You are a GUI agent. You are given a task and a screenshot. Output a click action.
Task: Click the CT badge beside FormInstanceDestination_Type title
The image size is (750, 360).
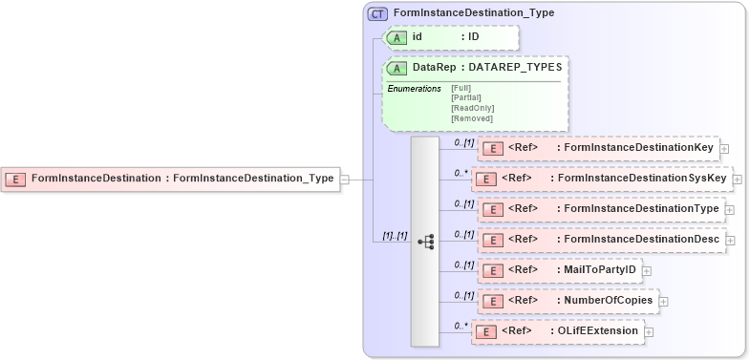[x=378, y=13]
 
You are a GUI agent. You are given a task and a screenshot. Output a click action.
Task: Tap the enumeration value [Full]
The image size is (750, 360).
[x=461, y=88]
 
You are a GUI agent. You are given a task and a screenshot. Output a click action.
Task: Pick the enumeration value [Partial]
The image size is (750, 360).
[x=465, y=97]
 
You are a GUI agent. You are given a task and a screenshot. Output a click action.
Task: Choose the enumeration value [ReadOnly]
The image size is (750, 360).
[x=472, y=108]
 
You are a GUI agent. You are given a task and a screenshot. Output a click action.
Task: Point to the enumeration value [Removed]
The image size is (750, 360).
[x=471, y=118]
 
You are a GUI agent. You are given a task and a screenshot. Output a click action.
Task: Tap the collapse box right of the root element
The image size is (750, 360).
[x=345, y=178]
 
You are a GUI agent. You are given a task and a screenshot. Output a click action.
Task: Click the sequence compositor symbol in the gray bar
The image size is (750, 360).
[x=425, y=242]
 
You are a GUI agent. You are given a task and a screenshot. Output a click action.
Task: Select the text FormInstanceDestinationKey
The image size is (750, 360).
[x=640, y=148]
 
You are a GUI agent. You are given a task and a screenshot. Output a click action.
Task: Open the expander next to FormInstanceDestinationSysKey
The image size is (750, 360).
[x=738, y=179]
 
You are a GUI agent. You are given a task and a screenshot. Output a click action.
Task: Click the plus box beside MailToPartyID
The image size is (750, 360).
[x=647, y=270]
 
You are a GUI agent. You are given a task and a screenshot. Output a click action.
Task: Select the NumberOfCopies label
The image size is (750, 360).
[x=607, y=300]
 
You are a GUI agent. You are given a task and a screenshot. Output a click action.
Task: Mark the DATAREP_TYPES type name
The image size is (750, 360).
[x=517, y=68]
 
